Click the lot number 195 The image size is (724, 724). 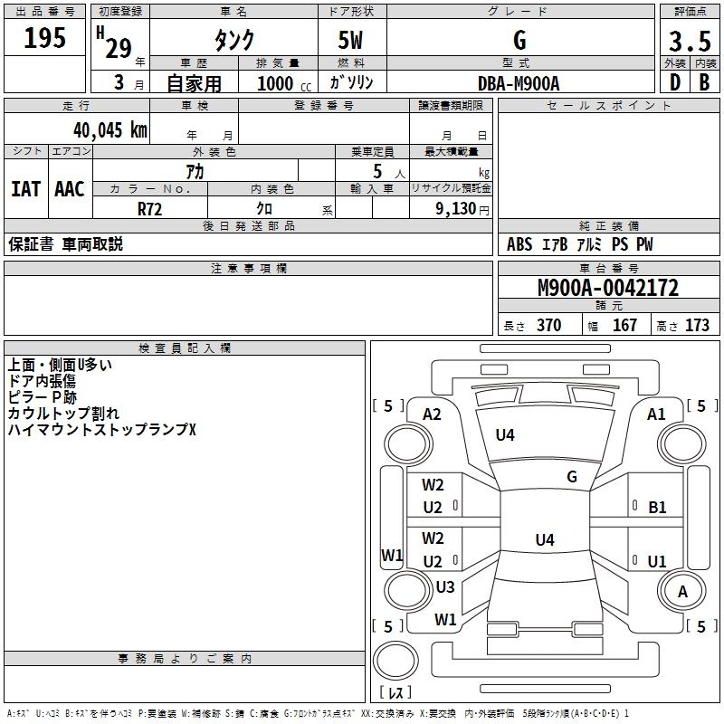click(x=45, y=38)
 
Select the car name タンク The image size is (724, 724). click(x=233, y=40)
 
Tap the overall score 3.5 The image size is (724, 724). click(x=689, y=42)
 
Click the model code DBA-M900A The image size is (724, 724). click(x=519, y=83)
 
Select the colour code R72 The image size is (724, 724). click(x=150, y=208)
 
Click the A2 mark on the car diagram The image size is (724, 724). click(x=432, y=414)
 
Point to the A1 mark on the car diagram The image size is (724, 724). click(x=656, y=414)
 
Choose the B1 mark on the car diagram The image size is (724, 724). click(x=657, y=508)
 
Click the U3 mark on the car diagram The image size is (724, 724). click(x=444, y=587)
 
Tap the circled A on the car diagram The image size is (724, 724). click(x=683, y=591)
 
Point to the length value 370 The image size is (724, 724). click(x=548, y=326)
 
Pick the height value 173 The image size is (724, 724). click(x=697, y=326)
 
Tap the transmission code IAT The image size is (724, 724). click(x=25, y=189)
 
